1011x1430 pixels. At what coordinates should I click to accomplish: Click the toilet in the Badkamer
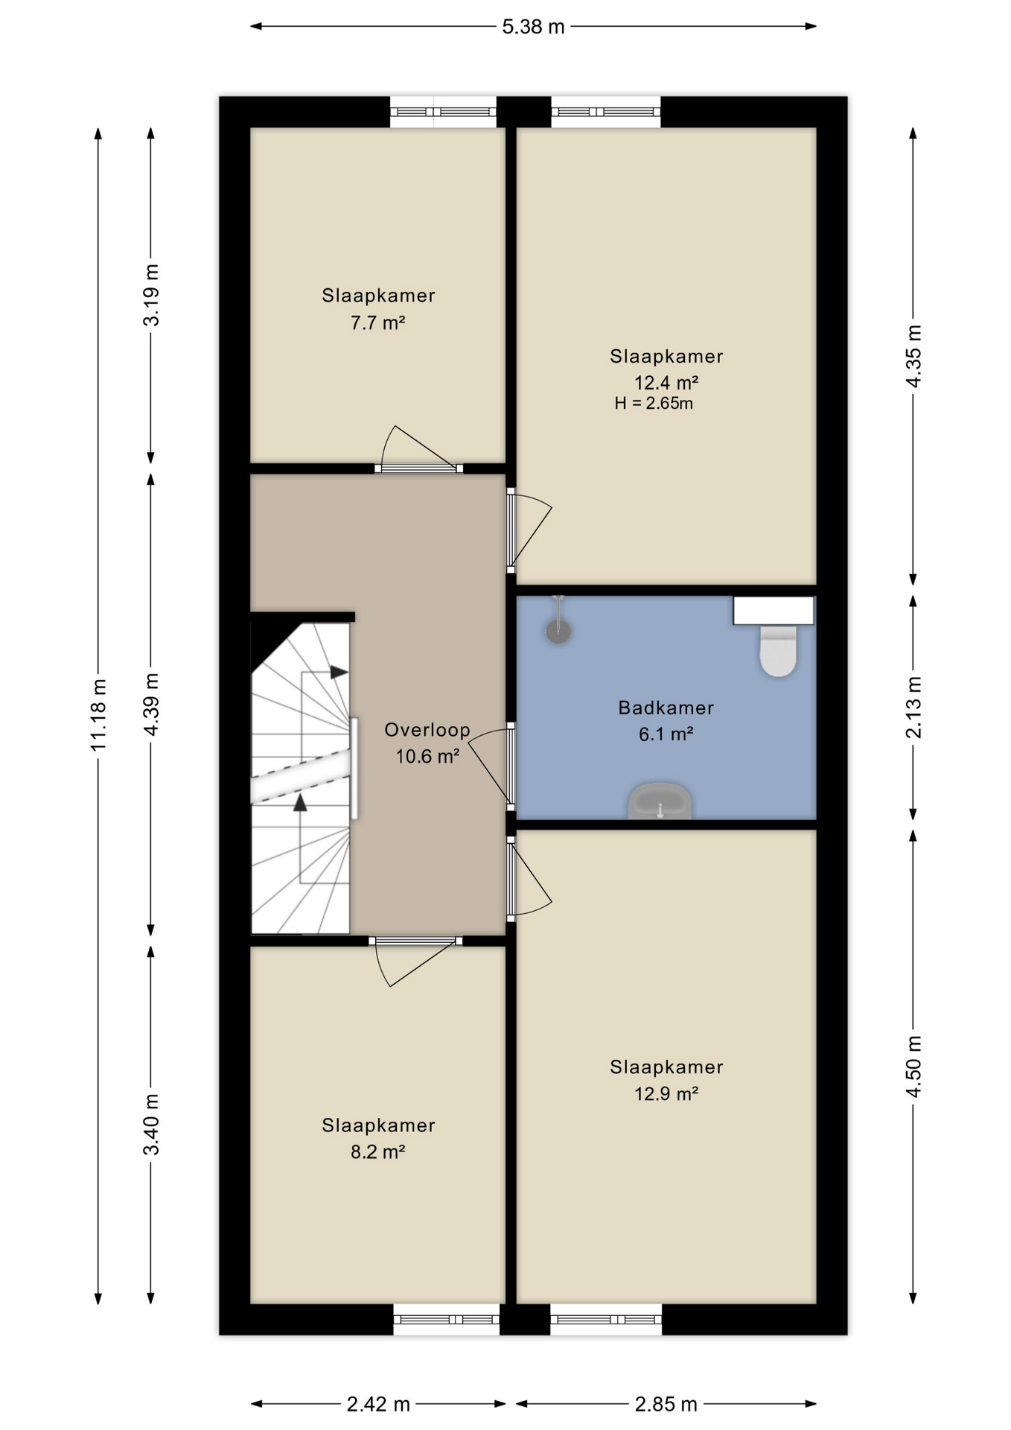tap(777, 650)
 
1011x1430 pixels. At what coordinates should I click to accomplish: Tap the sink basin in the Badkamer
tap(660, 801)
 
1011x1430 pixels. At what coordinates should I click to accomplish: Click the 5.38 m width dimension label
tap(533, 28)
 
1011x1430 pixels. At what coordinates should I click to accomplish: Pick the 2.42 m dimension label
tap(378, 1405)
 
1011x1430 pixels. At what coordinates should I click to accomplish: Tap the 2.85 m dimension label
tap(666, 1405)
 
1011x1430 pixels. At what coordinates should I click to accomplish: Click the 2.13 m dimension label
tap(913, 708)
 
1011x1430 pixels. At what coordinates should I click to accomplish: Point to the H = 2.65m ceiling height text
tap(654, 404)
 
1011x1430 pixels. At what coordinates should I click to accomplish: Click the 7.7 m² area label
tap(377, 323)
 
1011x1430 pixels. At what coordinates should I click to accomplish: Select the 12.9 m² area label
tap(666, 1093)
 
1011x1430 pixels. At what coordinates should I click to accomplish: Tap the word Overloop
tap(427, 730)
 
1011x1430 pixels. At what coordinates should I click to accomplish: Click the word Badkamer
tap(666, 708)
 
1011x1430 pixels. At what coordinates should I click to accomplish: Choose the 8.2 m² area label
tap(377, 1152)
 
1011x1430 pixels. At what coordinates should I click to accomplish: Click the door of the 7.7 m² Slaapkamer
tap(418, 450)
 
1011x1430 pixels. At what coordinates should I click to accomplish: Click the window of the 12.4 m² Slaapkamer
tap(606, 112)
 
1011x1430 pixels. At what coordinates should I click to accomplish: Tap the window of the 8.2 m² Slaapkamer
tap(447, 1320)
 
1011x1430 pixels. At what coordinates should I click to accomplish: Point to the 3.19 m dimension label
tap(151, 295)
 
